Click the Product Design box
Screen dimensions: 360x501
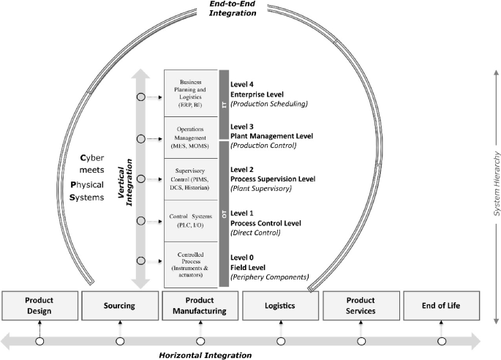point(39,306)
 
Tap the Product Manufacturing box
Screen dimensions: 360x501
point(200,306)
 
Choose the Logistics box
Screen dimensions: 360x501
point(281,306)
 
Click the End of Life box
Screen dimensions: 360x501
point(442,306)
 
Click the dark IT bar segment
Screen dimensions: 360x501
point(225,105)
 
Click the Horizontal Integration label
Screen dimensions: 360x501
point(205,354)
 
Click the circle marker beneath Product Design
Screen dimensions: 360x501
point(39,341)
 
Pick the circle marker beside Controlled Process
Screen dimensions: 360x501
point(140,260)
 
